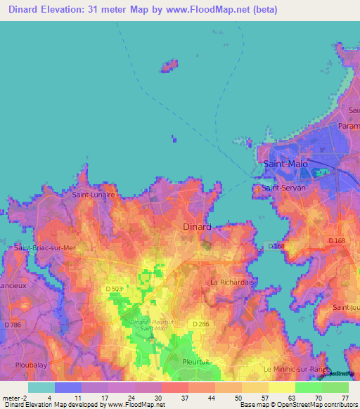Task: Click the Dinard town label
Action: click(197, 226)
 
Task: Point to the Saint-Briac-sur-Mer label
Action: click(44, 248)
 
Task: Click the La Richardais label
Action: click(231, 282)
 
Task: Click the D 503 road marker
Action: click(114, 289)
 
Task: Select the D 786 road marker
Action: click(12, 325)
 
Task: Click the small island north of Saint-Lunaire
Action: click(168, 66)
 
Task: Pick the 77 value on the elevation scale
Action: click(345, 397)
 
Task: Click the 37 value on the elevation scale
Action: click(184, 397)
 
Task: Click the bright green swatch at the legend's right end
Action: click(335, 387)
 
